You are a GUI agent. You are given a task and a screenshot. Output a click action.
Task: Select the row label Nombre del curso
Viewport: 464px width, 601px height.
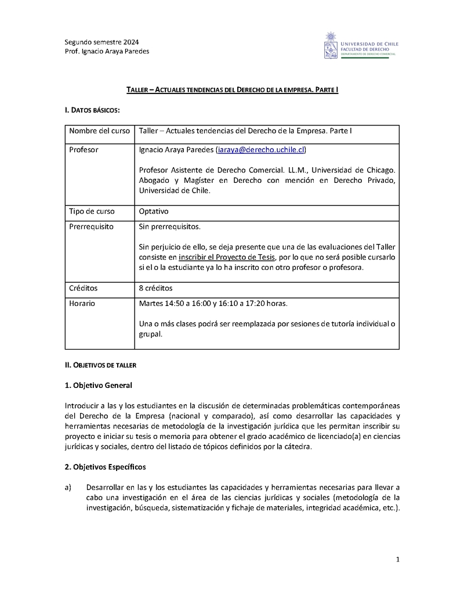tap(99, 131)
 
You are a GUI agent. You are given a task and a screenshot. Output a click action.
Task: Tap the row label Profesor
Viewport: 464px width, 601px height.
tap(84, 150)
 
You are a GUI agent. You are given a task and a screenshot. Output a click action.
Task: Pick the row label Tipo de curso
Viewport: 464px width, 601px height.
tap(92, 212)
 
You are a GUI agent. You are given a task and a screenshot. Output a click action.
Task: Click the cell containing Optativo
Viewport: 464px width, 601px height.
tap(154, 212)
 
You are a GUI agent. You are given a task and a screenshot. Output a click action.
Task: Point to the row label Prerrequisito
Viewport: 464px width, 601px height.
tap(91, 226)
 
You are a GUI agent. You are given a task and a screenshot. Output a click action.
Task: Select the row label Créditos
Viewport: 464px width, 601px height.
tap(84, 288)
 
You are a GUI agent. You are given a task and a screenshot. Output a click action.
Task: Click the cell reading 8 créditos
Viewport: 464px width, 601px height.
tap(155, 288)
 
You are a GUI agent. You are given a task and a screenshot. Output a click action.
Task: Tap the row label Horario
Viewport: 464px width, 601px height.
tap(82, 303)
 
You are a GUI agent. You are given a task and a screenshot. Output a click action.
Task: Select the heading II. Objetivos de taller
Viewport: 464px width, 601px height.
tap(100, 365)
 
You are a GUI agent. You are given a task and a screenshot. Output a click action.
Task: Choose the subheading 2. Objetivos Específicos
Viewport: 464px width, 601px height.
tap(105, 467)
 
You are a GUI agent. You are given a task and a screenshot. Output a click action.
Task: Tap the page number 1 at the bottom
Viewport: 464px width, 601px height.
tap(397, 559)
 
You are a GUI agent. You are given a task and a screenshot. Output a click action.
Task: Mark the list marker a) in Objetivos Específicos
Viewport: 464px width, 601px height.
tap(68, 487)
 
